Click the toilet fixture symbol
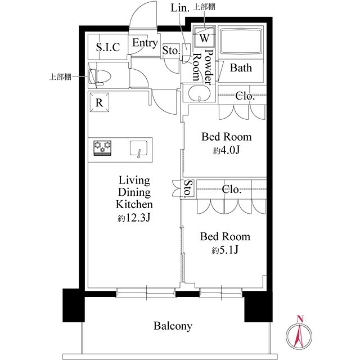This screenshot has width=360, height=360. click(x=100, y=76)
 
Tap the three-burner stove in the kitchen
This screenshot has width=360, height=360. click(x=102, y=148)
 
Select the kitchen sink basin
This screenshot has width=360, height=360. click(x=139, y=148)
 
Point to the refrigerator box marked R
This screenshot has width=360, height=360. click(x=99, y=102)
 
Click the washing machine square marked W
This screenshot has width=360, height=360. click(x=204, y=37)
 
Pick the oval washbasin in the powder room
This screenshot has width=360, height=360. click(x=199, y=93)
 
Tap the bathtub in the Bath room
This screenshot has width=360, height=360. click(x=241, y=41)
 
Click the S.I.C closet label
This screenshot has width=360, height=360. click(x=108, y=47)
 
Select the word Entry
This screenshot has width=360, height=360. click(x=145, y=43)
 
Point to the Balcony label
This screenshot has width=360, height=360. click(x=173, y=326)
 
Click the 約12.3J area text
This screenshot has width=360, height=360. click(x=134, y=218)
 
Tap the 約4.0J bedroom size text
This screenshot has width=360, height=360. click(x=226, y=150)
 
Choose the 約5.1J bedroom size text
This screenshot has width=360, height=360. click(x=225, y=250)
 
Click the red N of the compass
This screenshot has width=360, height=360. click(x=300, y=319)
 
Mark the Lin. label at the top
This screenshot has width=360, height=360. click(x=180, y=8)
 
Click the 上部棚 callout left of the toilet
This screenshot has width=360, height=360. click(x=60, y=76)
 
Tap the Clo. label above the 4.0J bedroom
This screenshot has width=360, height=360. click(x=245, y=96)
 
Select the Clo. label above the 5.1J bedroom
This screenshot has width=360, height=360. click(x=231, y=189)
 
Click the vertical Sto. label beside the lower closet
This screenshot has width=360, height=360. click(x=188, y=188)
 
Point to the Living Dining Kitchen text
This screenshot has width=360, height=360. click(x=134, y=192)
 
